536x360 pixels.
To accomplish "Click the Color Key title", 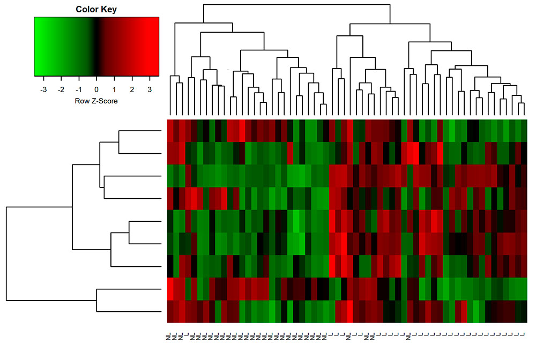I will click(96, 10).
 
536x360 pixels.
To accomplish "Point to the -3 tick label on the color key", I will click(43, 89).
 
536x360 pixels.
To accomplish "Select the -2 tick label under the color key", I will click(61, 89).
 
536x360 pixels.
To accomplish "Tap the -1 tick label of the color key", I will click(79, 89).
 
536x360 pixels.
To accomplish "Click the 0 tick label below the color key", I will click(96, 89).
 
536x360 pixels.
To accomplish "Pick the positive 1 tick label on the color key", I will click(114, 89).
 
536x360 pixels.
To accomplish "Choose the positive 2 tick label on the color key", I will click(132, 89).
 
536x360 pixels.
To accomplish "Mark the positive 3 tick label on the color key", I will click(150, 89).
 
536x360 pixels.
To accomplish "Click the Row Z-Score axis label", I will click(96, 101).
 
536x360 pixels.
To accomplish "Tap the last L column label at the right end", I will click(524, 337).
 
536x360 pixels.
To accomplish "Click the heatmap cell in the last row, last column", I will click(524, 312).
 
